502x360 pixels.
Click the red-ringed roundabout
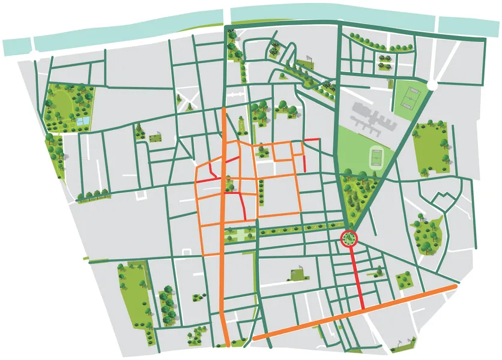pyautogui.click(x=348, y=239)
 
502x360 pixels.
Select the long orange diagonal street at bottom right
pyautogui.click(x=360, y=314)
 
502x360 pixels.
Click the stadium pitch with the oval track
pyautogui.click(x=376, y=157)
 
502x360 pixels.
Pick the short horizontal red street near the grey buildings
pyautogui.click(x=312, y=140)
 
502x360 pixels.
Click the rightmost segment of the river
pyautogui.click(x=468, y=25)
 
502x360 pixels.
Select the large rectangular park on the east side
pyautogui.click(x=431, y=147)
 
